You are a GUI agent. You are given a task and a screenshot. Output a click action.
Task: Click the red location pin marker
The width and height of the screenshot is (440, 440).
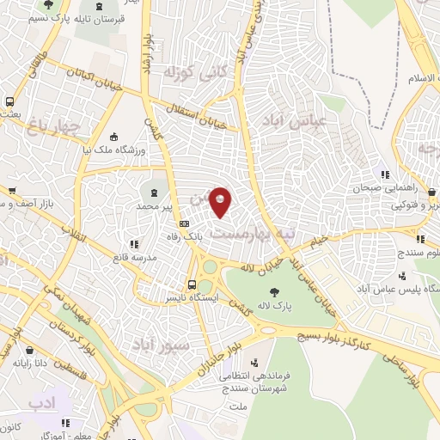click(x=221, y=201)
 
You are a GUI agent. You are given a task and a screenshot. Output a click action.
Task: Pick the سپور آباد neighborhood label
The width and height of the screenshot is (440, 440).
click(x=159, y=343)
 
